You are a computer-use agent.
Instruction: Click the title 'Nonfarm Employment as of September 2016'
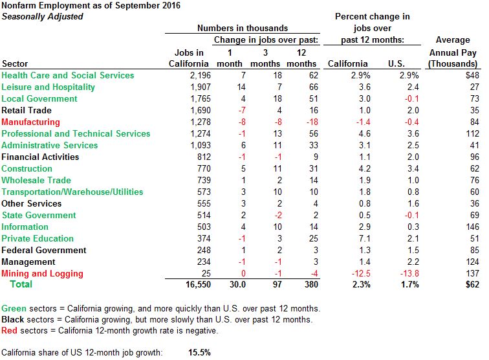(x=91, y=6)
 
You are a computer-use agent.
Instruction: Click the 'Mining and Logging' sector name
(x=42, y=273)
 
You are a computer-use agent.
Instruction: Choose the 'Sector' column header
(x=15, y=63)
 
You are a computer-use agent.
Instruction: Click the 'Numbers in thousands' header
(x=243, y=28)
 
